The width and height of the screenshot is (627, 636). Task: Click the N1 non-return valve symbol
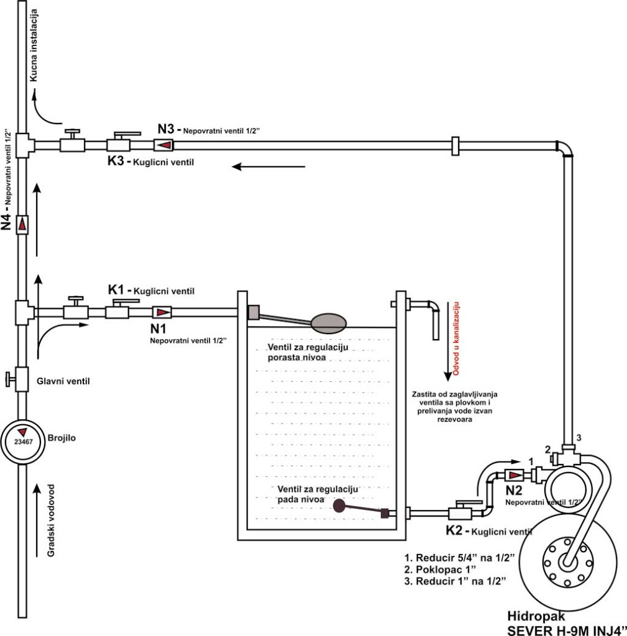pos(162,312)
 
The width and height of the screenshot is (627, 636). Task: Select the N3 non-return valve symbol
pos(163,145)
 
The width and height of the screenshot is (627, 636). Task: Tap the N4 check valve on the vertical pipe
pos(22,224)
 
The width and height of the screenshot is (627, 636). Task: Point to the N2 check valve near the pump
pos(514,475)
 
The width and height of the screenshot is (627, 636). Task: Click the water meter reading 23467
pos(22,442)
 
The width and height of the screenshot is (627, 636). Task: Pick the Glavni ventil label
pos(63,381)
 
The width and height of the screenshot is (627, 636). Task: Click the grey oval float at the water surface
pos(329,323)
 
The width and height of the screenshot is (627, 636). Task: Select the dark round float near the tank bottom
pos(339,506)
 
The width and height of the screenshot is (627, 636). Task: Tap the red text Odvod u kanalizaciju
pos(455,338)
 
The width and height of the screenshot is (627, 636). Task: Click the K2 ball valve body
pos(460,513)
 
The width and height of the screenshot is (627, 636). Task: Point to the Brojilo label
pos(62,438)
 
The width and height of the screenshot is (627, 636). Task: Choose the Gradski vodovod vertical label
pos(51,520)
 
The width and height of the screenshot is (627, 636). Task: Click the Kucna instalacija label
pos(34,45)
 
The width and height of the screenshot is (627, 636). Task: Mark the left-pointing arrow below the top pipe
pos(268,166)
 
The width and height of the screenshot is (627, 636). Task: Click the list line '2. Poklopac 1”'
pos(440,570)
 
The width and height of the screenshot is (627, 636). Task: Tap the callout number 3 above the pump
pos(579,438)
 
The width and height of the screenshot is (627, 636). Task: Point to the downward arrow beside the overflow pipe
pos(447,341)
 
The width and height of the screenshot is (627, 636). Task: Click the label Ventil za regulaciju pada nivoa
pos(318,494)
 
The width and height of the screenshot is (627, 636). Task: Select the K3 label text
pos(115,161)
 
